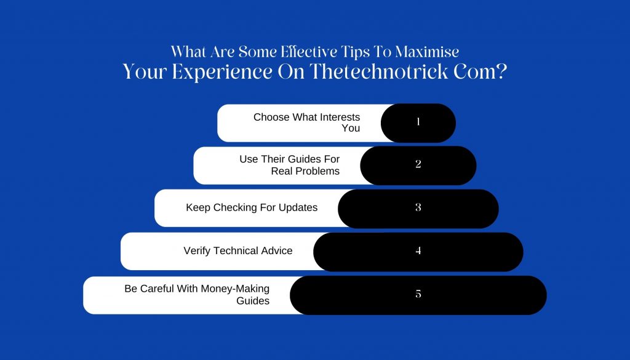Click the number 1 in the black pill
(x=418, y=121)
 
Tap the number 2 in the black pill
(x=418, y=164)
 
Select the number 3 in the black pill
(x=418, y=207)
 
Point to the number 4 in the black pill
(x=418, y=250)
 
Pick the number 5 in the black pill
(x=418, y=294)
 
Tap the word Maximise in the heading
(x=427, y=52)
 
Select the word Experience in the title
(x=221, y=73)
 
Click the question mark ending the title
(x=501, y=71)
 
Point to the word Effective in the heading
(x=309, y=52)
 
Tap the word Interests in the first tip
(x=340, y=118)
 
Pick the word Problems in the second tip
(x=317, y=171)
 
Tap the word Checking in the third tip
(x=232, y=208)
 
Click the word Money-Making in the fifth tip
(x=235, y=289)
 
